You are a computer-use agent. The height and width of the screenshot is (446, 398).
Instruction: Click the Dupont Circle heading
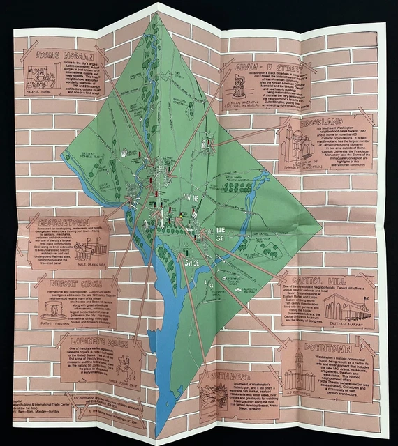pos(68,285)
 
